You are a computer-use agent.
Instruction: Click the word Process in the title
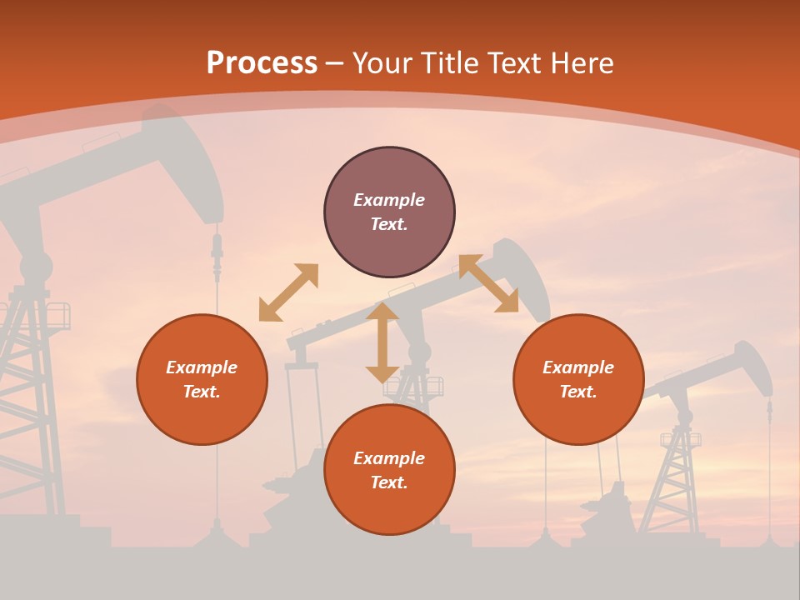(x=262, y=63)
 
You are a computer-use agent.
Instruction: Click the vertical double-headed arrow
(x=382, y=342)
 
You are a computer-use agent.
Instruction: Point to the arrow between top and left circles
(x=288, y=292)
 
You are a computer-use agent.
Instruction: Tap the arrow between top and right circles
(x=488, y=283)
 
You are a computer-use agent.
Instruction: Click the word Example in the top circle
(x=389, y=200)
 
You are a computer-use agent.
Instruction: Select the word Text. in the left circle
(x=202, y=392)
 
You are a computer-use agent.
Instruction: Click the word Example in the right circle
(x=578, y=367)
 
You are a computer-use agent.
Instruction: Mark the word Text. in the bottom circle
(x=389, y=482)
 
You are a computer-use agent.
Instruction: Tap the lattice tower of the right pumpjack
(x=679, y=475)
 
